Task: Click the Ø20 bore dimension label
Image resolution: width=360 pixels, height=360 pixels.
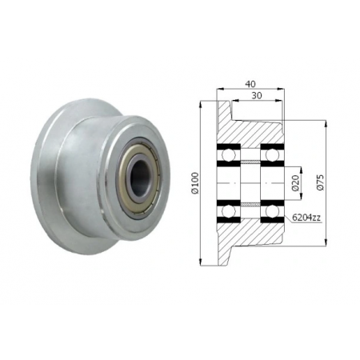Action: (x=295, y=183)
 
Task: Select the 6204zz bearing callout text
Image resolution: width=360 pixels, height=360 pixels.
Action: (x=305, y=217)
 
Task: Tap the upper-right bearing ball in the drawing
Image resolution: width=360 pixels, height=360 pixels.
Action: (x=270, y=155)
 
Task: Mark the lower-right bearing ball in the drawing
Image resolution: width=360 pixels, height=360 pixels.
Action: (x=270, y=211)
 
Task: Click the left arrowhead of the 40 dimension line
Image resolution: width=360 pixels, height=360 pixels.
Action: (x=219, y=89)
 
